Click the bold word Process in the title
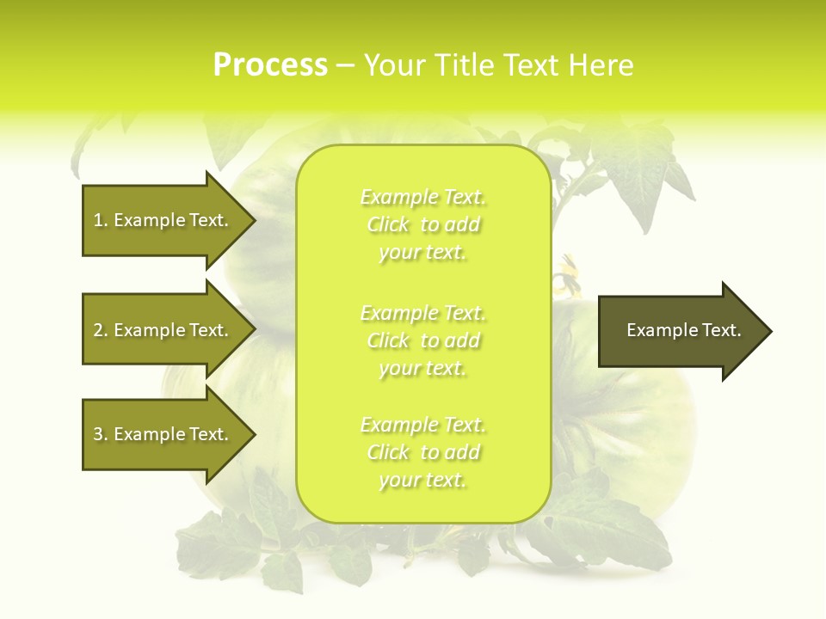coord(269,65)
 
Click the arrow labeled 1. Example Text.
coord(163,220)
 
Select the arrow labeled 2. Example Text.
coord(163,330)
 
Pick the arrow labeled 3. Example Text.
coord(163,434)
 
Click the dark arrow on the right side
coord(680,331)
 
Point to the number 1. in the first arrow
coord(101,220)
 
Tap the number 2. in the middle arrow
coord(101,330)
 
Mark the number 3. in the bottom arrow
coord(101,434)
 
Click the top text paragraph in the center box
coord(422,224)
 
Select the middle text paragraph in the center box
coord(422,340)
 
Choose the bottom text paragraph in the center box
coord(422,452)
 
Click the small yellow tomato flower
coord(566,280)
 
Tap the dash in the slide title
coord(345,66)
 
